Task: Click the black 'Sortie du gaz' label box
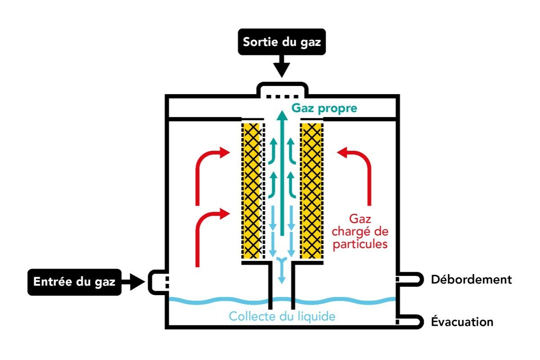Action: click(x=282, y=42)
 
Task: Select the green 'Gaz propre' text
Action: click(x=324, y=108)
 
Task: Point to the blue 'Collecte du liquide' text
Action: click(x=282, y=316)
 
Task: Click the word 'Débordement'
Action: click(x=471, y=279)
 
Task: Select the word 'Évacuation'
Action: click(x=462, y=322)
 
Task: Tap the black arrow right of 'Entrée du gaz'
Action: click(x=134, y=282)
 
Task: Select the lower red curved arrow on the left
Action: click(x=208, y=234)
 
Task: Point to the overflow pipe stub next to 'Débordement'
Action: click(x=409, y=279)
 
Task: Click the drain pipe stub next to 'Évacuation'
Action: click(x=409, y=322)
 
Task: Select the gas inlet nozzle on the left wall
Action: click(x=157, y=282)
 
